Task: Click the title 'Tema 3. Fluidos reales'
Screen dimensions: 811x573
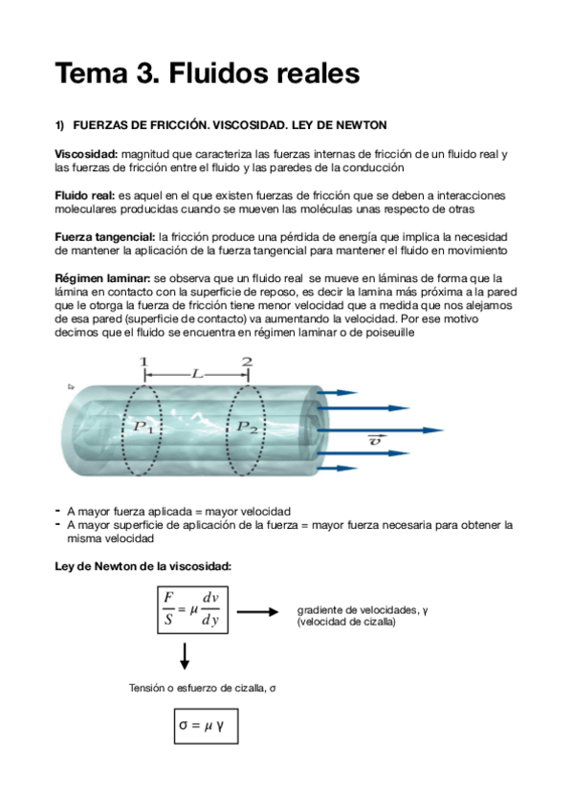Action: (207, 73)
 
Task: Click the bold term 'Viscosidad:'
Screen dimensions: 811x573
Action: (87, 154)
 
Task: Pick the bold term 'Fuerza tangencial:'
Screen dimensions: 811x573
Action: (105, 236)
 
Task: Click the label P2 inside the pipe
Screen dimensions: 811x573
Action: (248, 427)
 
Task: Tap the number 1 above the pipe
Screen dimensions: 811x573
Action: (143, 362)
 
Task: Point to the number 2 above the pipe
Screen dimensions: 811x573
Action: (247, 362)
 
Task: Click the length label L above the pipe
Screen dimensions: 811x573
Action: (196, 375)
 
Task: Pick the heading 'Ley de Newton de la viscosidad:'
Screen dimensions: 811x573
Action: (143, 566)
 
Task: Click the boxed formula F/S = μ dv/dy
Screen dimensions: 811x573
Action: (191, 609)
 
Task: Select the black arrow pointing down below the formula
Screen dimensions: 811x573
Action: (185, 657)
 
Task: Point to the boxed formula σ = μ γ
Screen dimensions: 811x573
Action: (205, 726)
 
